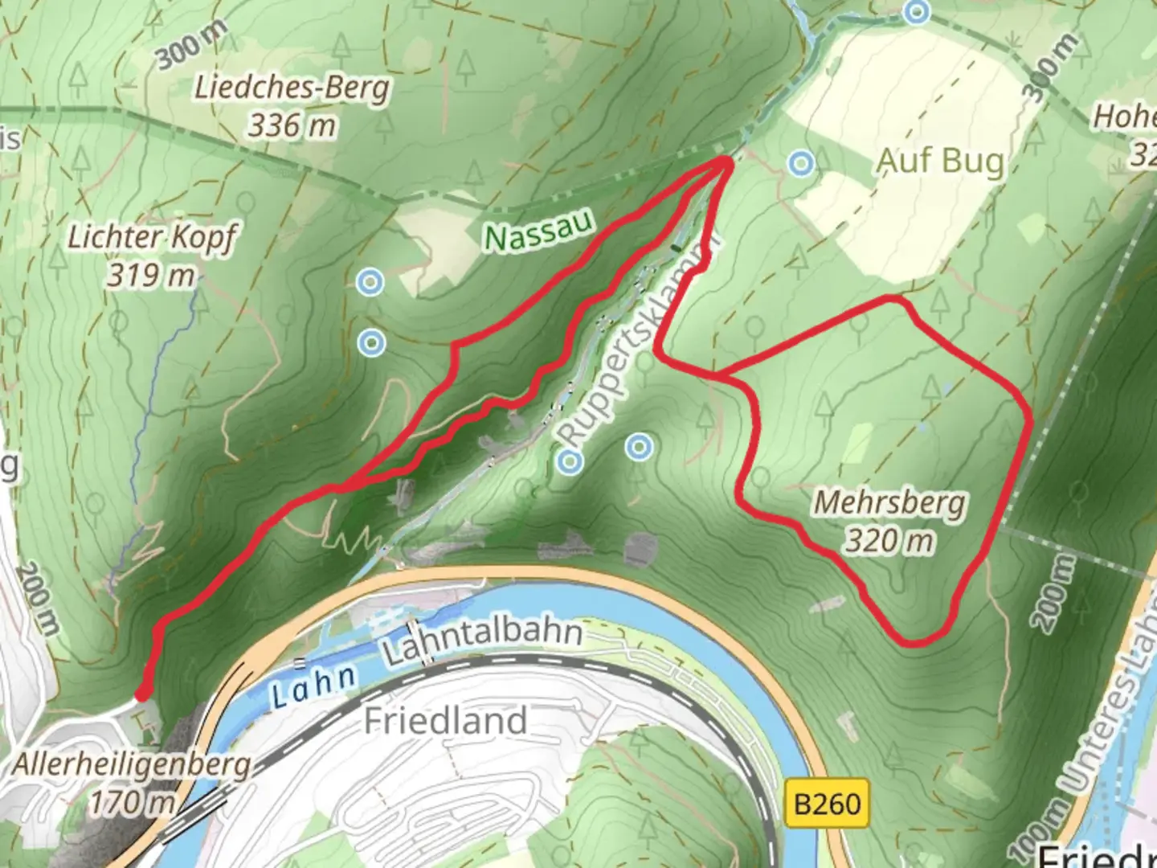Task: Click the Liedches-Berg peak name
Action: (x=292, y=87)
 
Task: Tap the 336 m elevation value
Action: (x=291, y=125)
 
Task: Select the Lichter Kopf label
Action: (x=151, y=237)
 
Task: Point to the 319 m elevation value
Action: (x=151, y=276)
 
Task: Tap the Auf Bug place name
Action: (x=939, y=162)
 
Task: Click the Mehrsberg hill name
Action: (x=889, y=503)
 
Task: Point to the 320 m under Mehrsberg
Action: (x=889, y=541)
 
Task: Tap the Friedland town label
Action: (x=445, y=720)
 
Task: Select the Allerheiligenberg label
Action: (x=131, y=764)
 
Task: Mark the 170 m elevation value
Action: (x=131, y=801)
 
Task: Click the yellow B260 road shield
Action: (x=827, y=803)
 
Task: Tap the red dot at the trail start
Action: (x=142, y=693)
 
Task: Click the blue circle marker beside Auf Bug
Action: (x=800, y=164)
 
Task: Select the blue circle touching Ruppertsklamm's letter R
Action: (x=570, y=461)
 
